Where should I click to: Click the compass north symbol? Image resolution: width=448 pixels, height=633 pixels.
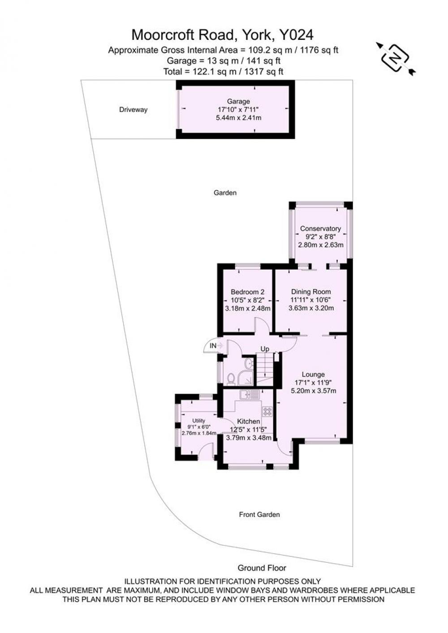click(x=396, y=59)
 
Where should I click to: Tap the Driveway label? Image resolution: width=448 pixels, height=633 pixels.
click(x=133, y=110)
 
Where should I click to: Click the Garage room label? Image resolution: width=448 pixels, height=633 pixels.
click(x=238, y=101)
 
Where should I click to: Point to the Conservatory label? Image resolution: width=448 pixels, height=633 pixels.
click(x=320, y=228)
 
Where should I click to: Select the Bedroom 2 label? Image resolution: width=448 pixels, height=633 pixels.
click(x=247, y=292)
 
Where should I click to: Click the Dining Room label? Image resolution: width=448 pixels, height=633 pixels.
click(x=311, y=292)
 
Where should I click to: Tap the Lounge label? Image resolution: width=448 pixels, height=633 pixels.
click(x=313, y=375)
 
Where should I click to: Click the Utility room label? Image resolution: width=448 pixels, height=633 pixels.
click(x=198, y=421)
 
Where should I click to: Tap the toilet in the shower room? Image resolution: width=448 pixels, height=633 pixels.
click(x=231, y=378)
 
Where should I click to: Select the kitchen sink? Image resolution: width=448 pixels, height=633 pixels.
click(x=250, y=394)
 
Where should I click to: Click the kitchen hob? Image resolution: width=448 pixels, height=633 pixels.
click(x=267, y=411)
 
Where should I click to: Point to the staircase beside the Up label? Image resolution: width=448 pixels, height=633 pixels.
click(x=265, y=370)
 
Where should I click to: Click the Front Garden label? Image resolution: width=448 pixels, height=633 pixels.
click(x=259, y=514)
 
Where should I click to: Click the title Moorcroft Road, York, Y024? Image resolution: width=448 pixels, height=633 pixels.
click(x=223, y=35)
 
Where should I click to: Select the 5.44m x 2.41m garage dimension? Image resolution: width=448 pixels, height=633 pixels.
click(x=238, y=117)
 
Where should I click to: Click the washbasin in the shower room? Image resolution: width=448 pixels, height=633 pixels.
click(x=248, y=363)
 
